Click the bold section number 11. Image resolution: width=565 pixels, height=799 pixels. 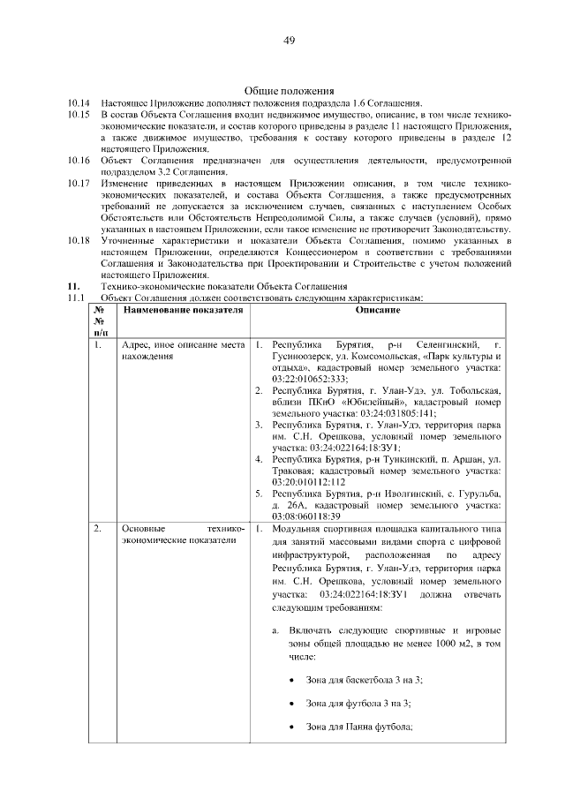coord(74,286)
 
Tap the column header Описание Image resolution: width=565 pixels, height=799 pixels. coord(378,311)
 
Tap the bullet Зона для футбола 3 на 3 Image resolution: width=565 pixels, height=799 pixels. coord(358,703)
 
